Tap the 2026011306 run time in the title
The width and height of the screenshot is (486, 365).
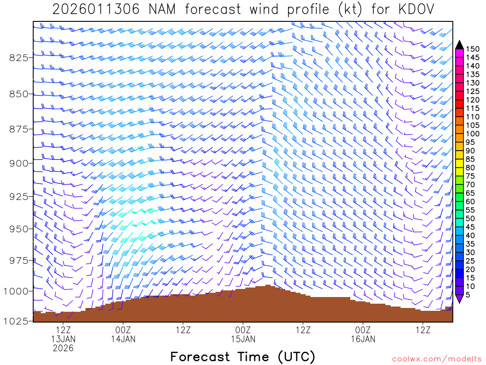tap(95, 9)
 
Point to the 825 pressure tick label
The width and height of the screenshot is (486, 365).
tap(19, 58)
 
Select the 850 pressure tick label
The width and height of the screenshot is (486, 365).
tap(19, 94)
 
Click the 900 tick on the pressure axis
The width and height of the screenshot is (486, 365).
tap(19, 163)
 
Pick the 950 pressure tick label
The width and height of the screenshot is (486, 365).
tap(19, 229)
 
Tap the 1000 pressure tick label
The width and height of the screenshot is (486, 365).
tap(17, 291)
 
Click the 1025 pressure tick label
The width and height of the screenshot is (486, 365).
tap(17, 321)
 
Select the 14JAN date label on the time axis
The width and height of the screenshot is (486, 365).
tap(123, 339)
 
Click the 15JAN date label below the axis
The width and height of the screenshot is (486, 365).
tap(243, 339)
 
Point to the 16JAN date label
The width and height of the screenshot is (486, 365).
tap(363, 339)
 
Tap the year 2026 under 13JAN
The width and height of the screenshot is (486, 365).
tap(63, 348)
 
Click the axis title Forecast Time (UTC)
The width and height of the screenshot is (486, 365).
tap(243, 356)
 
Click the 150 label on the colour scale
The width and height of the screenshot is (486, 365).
tap(472, 49)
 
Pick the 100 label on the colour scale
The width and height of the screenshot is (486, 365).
tap(472, 134)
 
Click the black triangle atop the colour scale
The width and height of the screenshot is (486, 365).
tap(459, 45)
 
